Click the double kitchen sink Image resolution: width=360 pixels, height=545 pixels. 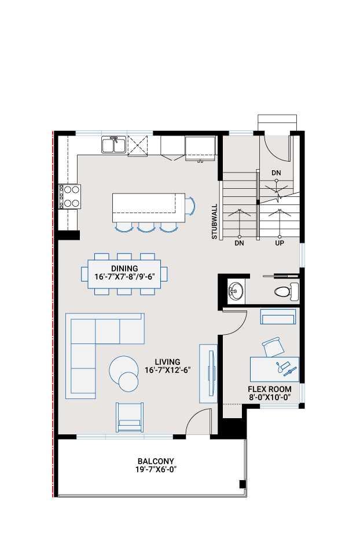point(114,145)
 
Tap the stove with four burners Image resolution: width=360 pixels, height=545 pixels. point(69,196)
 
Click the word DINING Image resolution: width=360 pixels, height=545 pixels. point(124,268)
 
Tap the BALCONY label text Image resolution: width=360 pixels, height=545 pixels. point(153,461)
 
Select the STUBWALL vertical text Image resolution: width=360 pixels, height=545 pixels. point(214,221)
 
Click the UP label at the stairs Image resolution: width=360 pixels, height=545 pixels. point(280,244)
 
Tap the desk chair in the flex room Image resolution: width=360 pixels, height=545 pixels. point(273,348)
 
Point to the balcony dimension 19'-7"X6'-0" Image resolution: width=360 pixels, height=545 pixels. point(153,470)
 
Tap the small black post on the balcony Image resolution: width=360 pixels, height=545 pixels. point(243,484)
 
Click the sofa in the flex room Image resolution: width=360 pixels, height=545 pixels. point(278,316)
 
